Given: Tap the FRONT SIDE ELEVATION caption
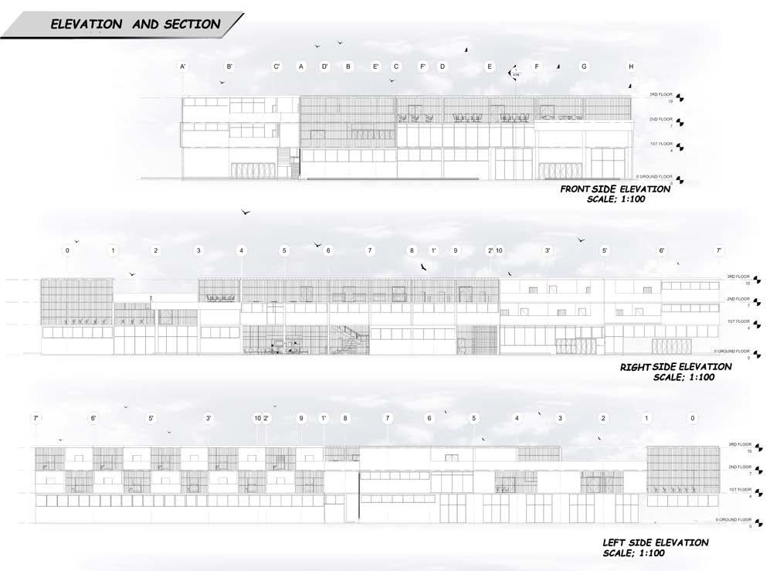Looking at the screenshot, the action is click(616, 189).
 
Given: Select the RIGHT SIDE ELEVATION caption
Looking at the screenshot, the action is click(676, 367).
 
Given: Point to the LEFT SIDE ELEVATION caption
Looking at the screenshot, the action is click(655, 543).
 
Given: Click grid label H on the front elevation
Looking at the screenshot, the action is click(631, 67).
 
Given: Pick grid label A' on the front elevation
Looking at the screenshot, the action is click(183, 67).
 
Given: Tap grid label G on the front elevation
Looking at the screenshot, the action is click(584, 67).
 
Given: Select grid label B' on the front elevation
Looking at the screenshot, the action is click(229, 67).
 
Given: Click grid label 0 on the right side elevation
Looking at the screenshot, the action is click(67, 250).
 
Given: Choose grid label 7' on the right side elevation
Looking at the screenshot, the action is click(719, 250).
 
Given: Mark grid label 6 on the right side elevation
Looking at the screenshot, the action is click(327, 250).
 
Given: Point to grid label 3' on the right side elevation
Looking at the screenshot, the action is click(548, 250).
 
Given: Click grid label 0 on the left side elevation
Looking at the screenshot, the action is click(694, 418).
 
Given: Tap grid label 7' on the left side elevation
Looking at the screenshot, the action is click(36, 418).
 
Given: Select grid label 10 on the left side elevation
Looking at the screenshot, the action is click(257, 418).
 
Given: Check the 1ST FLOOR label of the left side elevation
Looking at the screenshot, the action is click(739, 489).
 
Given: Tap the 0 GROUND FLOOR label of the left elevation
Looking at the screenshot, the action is click(733, 520).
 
